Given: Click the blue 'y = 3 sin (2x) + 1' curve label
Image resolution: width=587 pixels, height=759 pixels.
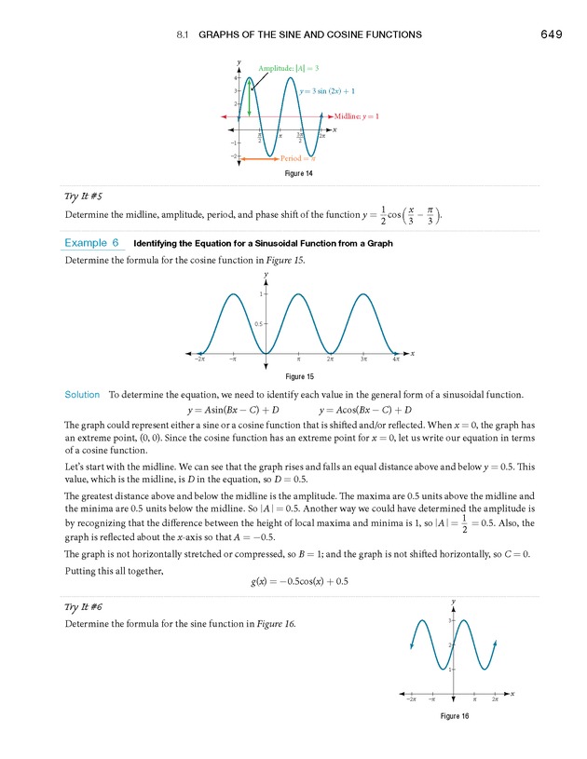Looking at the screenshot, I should click(x=327, y=90).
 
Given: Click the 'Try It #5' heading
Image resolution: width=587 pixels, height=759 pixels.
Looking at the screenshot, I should click(x=83, y=197).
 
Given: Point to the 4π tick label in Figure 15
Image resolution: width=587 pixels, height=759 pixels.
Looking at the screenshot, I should click(x=396, y=358).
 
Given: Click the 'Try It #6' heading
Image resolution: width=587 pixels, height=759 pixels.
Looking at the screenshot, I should click(x=83, y=606).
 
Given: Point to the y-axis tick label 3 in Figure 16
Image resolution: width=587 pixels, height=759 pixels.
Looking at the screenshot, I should click(x=449, y=620).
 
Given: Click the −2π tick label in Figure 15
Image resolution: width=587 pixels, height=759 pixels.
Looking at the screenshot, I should click(x=200, y=358).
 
